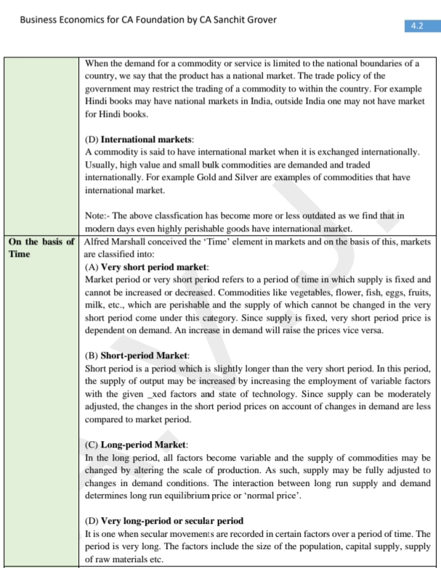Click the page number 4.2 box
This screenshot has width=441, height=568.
point(417,25)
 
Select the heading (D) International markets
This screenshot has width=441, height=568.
point(142,139)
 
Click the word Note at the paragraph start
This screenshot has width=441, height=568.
point(96,216)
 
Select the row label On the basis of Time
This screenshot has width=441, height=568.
point(41,248)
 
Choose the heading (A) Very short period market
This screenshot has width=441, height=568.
point(147,267)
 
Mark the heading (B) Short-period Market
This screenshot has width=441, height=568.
point(137,355)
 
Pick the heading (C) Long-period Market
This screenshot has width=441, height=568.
point(137,444)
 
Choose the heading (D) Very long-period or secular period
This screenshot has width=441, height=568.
point(164,521)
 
